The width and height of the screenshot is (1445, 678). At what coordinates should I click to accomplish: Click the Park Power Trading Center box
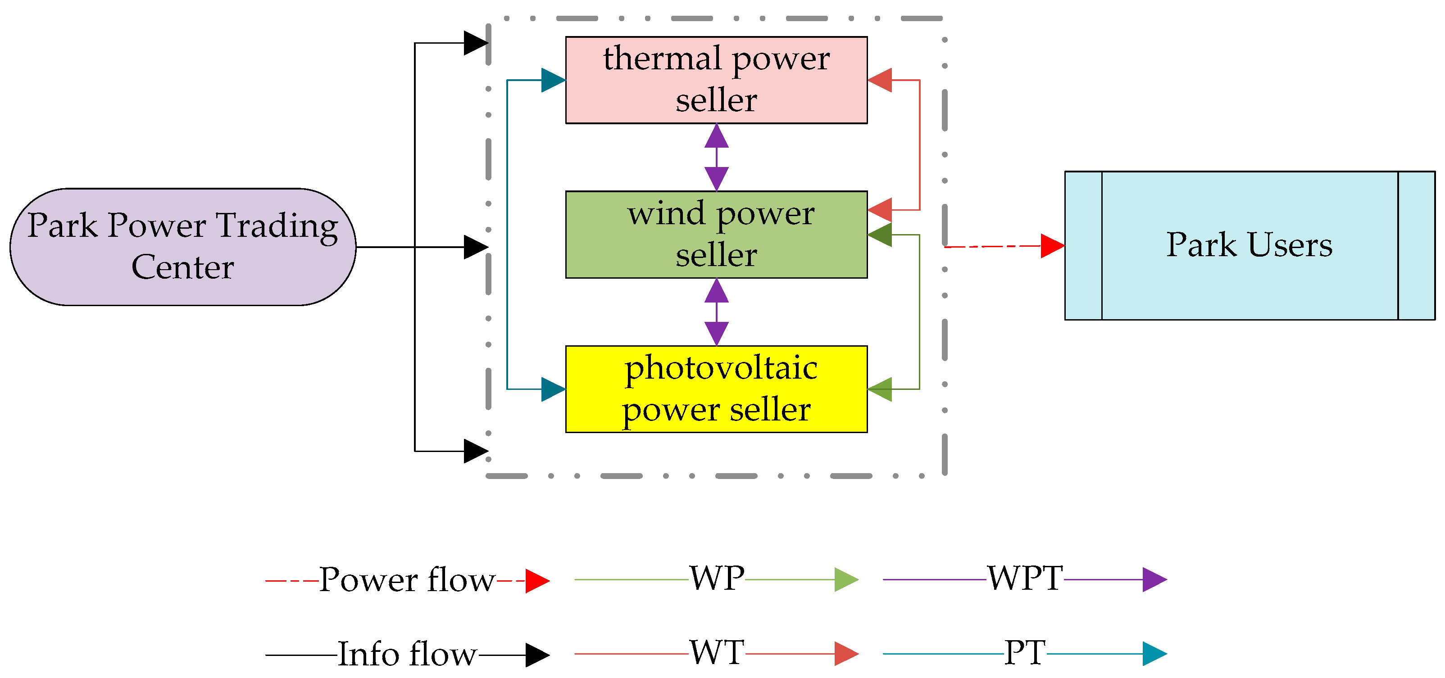183,247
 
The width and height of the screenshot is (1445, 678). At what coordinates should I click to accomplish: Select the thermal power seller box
716,80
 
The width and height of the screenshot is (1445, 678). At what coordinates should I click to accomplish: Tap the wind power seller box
716,235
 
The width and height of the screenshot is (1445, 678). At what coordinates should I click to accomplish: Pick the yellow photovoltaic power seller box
716,389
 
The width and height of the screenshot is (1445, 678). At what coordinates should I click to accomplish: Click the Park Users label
1249,245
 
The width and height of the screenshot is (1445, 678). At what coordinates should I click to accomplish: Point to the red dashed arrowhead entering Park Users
1052,246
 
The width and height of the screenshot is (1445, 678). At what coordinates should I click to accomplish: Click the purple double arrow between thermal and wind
716,158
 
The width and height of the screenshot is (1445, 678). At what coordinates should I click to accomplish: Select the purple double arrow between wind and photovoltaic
716,312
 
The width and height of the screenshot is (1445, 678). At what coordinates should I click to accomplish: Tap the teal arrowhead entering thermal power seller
553,80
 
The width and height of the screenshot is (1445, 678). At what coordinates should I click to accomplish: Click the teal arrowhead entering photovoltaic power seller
553,389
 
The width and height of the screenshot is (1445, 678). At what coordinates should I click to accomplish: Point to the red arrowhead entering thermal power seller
880,80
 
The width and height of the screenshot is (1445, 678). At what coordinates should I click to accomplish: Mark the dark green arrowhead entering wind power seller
880,235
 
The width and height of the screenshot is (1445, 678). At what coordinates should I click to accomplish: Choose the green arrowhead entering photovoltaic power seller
880,389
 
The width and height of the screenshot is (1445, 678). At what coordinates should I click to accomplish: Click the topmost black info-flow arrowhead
476,43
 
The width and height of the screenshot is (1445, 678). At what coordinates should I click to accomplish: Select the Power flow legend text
407,580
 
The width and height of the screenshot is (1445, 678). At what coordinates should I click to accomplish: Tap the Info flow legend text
407,654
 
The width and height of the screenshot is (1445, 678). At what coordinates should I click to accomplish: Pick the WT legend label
717,653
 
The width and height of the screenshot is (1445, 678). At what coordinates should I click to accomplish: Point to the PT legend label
1025,653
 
